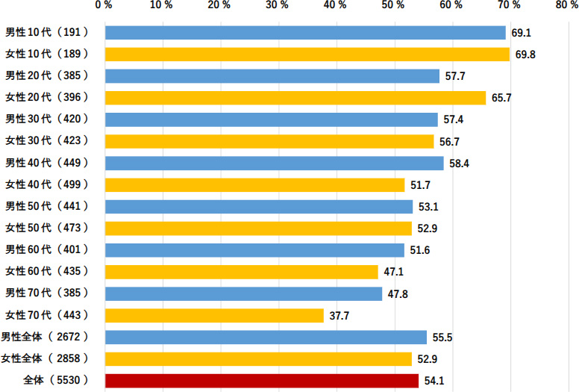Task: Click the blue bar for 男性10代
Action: pos(305,33)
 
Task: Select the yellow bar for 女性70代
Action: pos(214,316)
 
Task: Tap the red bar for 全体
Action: pos(262,381)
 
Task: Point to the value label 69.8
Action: pos(523,55)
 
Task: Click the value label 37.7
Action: pos(339,316)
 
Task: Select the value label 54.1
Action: pos(434,381)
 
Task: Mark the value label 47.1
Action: pos(394,273)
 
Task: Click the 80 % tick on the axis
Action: pos(566,6)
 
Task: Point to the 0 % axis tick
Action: pos(104,6)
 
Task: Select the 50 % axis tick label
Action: pos(393,6)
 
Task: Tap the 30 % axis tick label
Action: pos(278,6)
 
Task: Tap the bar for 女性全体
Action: pos(258,359)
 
